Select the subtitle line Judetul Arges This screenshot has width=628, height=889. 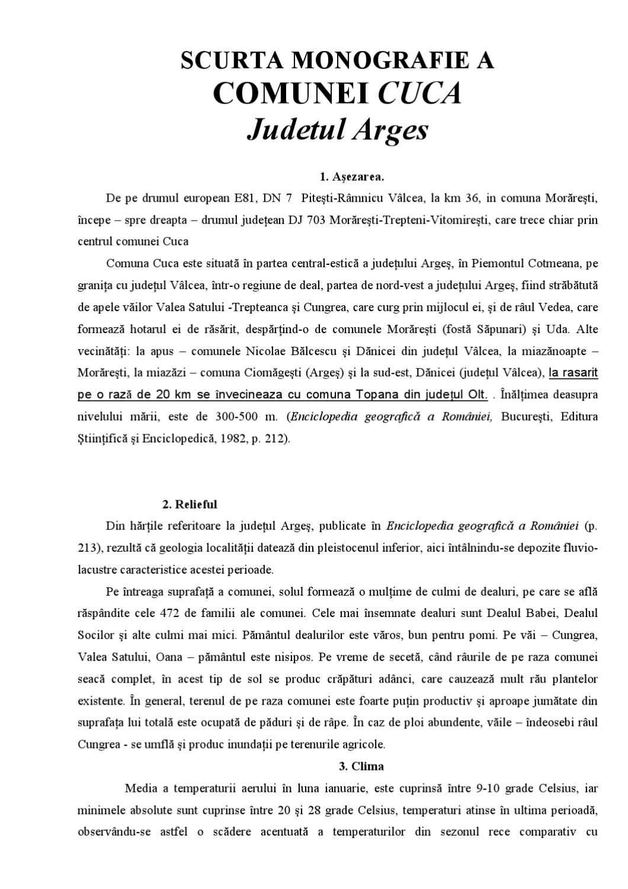pos(337,130)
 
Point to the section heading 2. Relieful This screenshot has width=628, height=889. pos(190,504)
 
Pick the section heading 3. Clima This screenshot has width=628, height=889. pos(361,766)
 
